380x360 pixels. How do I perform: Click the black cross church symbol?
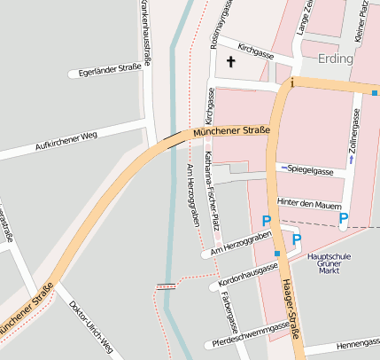click(232, 62)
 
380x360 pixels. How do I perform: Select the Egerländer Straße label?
click(110, 72)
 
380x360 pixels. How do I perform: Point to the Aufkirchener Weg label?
click(52, 137)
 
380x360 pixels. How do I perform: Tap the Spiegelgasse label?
click(307, 169)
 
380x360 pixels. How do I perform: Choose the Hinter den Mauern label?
click(308, 203)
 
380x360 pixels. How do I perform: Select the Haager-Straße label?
click(291, 309)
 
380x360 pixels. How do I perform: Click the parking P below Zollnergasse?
click(344, 217)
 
